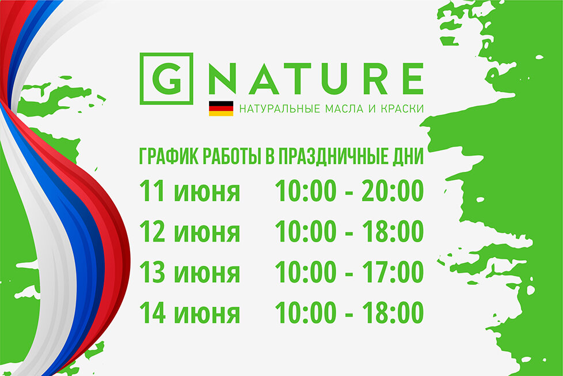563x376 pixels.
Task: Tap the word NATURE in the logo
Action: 315,79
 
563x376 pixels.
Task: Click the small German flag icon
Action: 221,108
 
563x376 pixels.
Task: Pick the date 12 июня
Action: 189,232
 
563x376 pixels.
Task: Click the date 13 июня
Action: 189,273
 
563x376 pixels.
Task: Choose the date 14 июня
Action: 189,313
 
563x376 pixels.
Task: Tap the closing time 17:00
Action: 393,273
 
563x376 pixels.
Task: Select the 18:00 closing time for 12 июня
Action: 393,232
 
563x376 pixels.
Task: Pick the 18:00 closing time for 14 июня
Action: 393,313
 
